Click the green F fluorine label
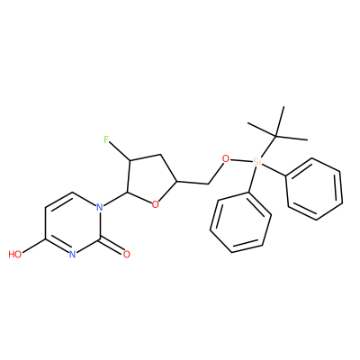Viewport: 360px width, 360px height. [106, 139]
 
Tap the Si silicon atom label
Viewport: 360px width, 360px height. [256, 162]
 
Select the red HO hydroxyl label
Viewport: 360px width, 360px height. [15, 255]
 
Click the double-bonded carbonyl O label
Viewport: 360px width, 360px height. [127, 255]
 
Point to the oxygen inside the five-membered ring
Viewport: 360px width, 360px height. [155, 205]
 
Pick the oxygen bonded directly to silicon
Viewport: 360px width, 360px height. [225, 158]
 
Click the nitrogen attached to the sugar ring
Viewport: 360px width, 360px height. [100, 207]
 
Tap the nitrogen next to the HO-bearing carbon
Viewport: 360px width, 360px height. [72, 255]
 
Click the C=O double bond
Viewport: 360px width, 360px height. [111, 246]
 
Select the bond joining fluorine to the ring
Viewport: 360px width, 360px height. [120, 151]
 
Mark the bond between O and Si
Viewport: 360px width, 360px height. [240, 160]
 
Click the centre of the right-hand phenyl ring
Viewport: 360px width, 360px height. [314, 189]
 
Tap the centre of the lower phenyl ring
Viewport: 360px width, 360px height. [240, 222]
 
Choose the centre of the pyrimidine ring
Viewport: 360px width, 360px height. [72, 223]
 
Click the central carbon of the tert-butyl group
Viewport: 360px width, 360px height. [275, 137]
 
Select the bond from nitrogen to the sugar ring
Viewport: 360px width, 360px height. [115, 199]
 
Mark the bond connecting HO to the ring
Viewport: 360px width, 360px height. [33, 247]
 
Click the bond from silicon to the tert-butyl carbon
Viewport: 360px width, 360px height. [268, 147]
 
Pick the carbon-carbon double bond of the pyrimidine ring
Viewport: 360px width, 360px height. [59, 200]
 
